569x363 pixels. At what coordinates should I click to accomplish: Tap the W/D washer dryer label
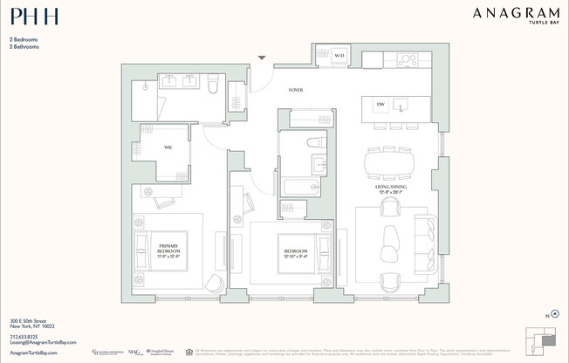[339, 57]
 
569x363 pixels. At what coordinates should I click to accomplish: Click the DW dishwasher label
[380, 106]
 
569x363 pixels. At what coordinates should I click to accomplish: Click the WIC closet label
[167, 147]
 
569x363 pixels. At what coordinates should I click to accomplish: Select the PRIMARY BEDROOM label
[167, 251]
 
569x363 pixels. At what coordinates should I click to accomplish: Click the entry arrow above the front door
[261, 58]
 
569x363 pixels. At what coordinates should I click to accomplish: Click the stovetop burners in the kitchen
[407, 60]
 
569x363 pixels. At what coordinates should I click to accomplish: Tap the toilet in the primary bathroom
[212, 85]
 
